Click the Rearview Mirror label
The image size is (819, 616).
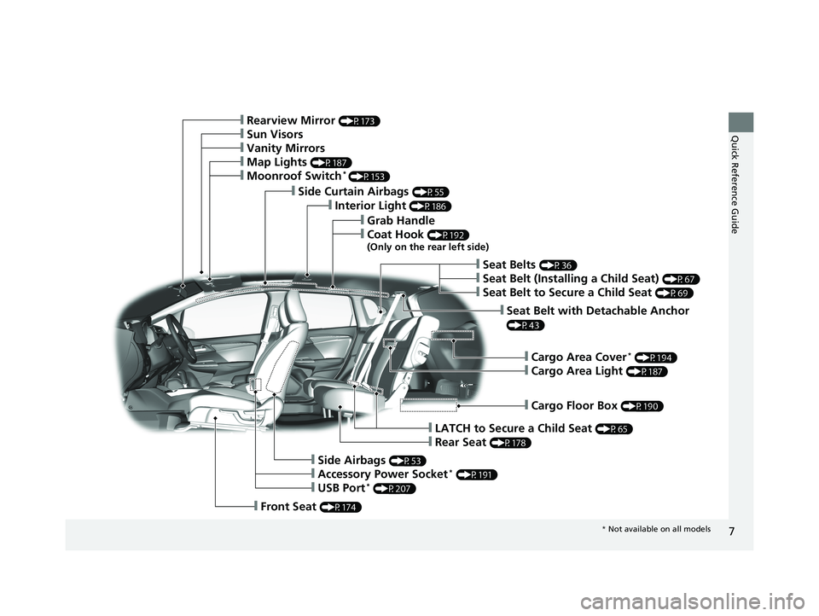pos(290,120)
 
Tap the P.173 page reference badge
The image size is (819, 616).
pos(359,121)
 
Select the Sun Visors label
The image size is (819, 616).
pos(275,134)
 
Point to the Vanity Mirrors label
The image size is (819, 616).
pos(286,148)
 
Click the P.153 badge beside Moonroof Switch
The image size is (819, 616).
pos(369,177)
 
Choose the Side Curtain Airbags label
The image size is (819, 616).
pos(353,192)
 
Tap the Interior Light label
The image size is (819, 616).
pos(370,206)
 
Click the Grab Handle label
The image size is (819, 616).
pos(401,220)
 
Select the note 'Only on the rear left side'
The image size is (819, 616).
pos(427,247)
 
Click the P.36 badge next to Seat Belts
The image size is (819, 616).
pos(558,265)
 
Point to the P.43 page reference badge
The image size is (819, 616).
pos(526,326)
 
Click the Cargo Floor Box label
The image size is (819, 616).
pos(574,406)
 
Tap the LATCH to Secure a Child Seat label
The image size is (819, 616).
pos(513,428)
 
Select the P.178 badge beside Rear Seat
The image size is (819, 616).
pos(510,443)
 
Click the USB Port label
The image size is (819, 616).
pos(341,488)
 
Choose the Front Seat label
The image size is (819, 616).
pos(288,507)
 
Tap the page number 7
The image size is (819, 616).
pos(731,532)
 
